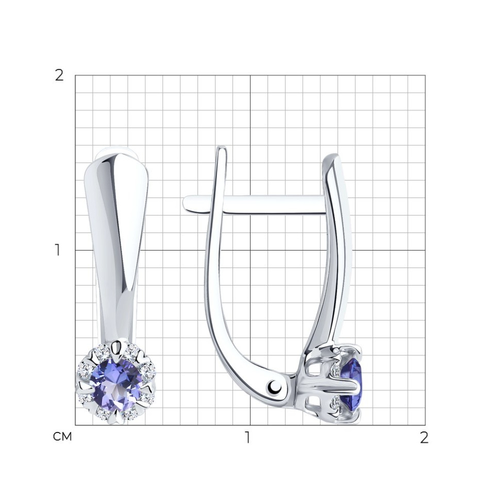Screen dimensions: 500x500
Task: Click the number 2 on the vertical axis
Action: click(x=59, y=76)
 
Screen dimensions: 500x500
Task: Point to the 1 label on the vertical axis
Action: click(x=57, y=251)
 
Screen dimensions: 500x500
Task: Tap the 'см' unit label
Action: click(x=62, y=437)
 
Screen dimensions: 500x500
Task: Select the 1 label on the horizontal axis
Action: click(x=247, y=438)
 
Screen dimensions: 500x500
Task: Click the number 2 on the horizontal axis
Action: click(x=424, y=438)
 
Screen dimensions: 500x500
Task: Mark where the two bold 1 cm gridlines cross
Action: click(x=250, y=251)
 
